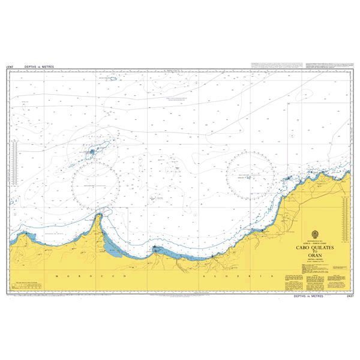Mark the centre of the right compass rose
click(x=253, y=175)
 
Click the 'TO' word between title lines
click(x=316, y=250)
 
